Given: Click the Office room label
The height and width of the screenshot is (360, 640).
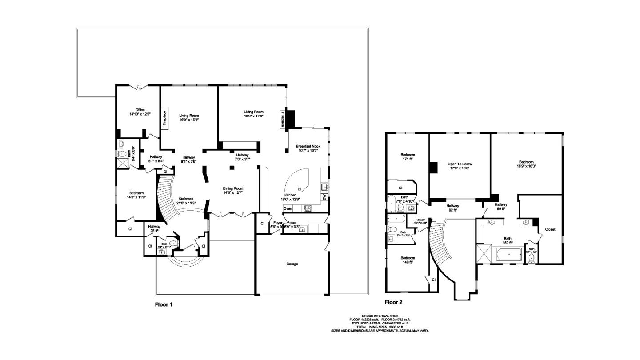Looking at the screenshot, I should (x=140, y=110).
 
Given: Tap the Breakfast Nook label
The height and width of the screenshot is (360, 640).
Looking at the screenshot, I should (x=308, y=146).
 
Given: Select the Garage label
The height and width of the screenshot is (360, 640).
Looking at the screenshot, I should (x=292, y=264).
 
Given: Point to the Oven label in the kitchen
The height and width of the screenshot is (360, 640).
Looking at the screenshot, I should (x=288, y=208).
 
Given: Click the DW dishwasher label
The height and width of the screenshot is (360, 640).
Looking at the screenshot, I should (x=324, y=197).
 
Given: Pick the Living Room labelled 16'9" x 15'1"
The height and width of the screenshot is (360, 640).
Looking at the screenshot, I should (x=188, y=116).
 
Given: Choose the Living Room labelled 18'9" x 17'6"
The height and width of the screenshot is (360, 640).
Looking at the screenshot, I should (x=253, y=112).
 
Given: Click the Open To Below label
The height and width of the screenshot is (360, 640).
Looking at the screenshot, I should (x=460, y=164).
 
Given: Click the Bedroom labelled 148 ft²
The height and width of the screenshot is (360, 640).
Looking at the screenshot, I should (x=408, y=258).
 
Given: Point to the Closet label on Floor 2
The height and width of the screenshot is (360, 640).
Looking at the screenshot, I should (x=550, y=229).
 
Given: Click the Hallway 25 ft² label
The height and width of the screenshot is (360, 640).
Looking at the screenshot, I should (x=154, y=226).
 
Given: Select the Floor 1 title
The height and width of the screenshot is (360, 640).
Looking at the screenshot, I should (x=163, y=305).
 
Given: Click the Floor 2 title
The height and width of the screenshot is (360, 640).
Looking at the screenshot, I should (x=393, y=302).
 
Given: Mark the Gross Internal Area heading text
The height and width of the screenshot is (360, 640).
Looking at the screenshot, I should (x=380, y=316).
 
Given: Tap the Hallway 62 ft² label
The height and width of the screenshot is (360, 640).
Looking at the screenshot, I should (x=452, y=206).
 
